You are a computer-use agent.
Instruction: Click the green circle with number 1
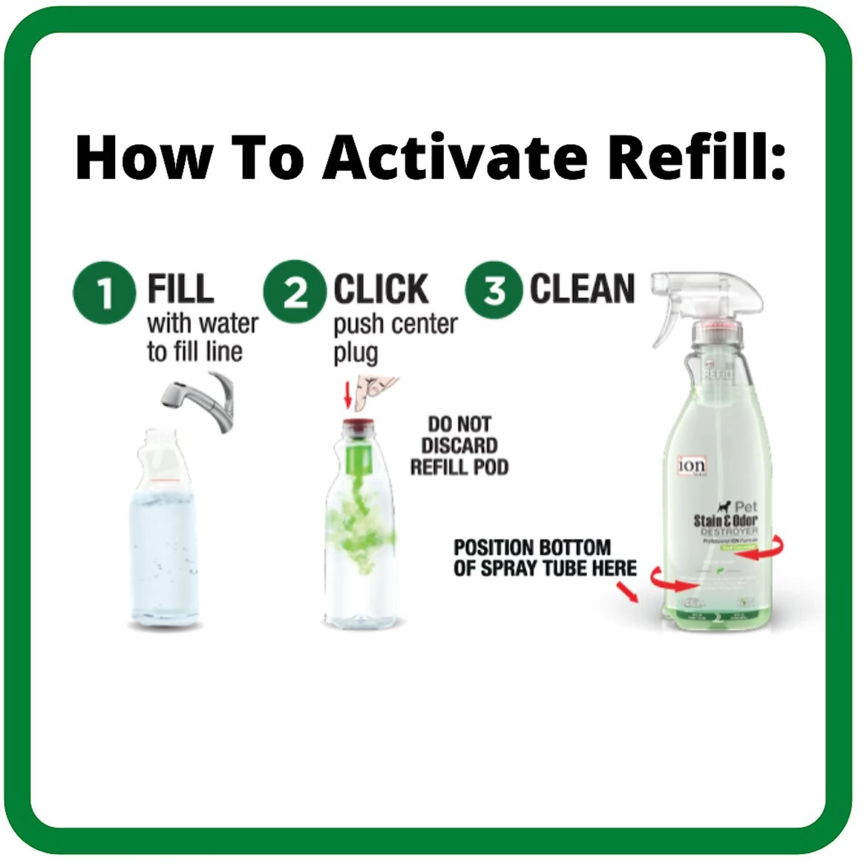(x=104, y=292)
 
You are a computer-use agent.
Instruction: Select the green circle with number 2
(x=294, y=291)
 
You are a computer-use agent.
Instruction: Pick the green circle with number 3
(x=494, y=290)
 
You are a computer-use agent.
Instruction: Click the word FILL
(x=180, y=289)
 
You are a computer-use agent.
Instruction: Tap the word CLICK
(x=381, y=289)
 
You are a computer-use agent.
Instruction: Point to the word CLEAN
(x=582, y=289)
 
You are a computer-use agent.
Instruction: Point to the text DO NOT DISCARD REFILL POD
(x=459, y=446)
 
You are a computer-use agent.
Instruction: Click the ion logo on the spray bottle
(x=691, y=465)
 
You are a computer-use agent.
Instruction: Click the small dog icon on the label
(x=723, y=507)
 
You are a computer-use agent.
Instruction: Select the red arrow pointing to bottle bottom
(x=628, y=592)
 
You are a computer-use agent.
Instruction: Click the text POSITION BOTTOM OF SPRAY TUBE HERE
(x=544, y=558)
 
